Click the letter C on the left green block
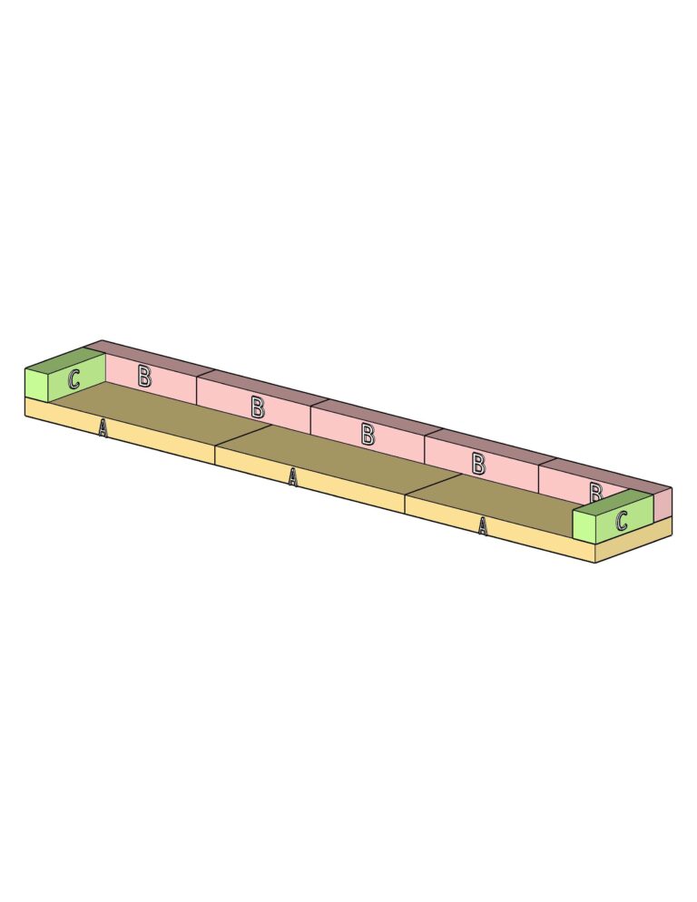click(74, 379)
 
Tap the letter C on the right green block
click(621, 521)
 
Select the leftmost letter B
click(144, 377)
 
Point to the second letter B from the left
click(258, 407)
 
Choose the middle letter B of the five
click(368, 434)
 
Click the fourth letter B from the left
click(478, 463)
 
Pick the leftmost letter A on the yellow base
click(103, 428)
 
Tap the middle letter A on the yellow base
click(293, 476)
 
